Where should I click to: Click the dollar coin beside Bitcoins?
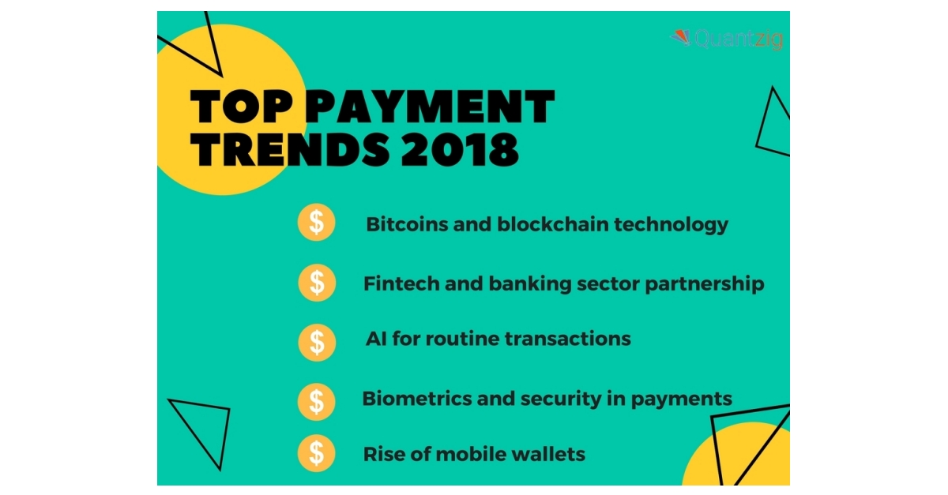[316, 223]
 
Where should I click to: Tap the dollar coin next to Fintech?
[316, 283]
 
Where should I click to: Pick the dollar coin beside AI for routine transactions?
[316, 341]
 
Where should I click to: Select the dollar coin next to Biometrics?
[316, 400]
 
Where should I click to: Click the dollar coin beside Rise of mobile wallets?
[316, 453]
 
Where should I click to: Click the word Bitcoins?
[403, 224]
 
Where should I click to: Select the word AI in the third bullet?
[374, 339]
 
